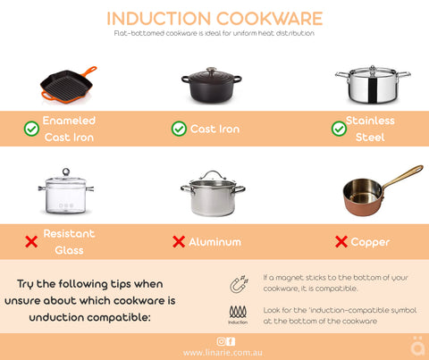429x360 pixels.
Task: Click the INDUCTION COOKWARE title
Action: click(x=214, y=18)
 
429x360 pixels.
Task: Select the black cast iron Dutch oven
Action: click(x=211, y=85)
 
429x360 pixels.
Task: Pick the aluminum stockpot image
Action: click(x=212, y=195)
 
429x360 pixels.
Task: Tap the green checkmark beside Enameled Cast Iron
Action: click(x=31, y=129)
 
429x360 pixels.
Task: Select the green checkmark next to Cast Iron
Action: click(x=179, y=129)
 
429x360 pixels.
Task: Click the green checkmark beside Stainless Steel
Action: click(x=339, y=129)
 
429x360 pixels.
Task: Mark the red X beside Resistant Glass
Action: click(x=31, y=242)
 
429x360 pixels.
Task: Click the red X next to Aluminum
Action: click(x=179, y=242)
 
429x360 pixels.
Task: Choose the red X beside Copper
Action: click(x=341, y=242)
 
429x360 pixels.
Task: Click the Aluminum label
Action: click(x=214, y=242)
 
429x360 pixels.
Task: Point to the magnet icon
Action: click(x=239, y=284)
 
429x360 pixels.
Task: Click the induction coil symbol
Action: click(x=238, y=312)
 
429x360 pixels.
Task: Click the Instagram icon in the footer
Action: click(x=221, y=341)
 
